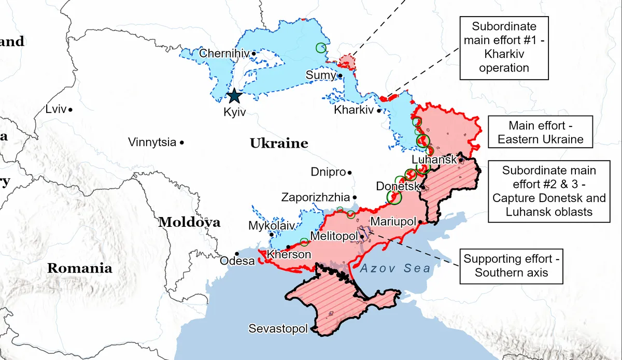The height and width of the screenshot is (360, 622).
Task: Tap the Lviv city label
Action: pyautogui.click(x=56, y=109)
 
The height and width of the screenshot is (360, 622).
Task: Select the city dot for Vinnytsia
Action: pyautogui.click(x=182, y=142)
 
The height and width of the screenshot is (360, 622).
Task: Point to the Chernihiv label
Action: pyautogui.click(x=224, y=53)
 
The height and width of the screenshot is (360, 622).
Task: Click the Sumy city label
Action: pyautogui.click(x=321, y=76)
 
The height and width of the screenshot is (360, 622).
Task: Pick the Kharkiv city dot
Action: pyautogui.click(x=379, y=110)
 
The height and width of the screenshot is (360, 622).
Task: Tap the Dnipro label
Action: pyautogui.click(x=328, y=172)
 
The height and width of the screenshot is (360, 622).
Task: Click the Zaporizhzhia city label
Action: pyautogui.click(x=315, y=197)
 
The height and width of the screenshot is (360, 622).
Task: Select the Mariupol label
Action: pyautogui.click(x=393, y=222)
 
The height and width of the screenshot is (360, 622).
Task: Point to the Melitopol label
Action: pyautogui.click(x=334, y=236)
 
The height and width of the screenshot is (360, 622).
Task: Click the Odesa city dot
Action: pyautogui.click(x=237, y=254)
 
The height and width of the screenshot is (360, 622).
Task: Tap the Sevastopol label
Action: pyautogui.click(x=278, y=329)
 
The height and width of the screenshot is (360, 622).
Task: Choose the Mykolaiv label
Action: pyautogui.click(x=271, y=226)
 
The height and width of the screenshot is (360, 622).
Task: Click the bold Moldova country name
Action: pyautogui.click(x=189, y=223)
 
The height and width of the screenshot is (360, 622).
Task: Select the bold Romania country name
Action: pyautogui.click(x=79, y=268)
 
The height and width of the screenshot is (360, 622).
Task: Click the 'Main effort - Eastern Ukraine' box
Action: pyautogui.click(x=539, y=132)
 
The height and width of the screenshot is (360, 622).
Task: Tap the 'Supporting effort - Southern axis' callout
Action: pyautogui.click(x=511, y=266)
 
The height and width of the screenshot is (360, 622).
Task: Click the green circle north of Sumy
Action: pyautogui.click(x=321, y=48)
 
